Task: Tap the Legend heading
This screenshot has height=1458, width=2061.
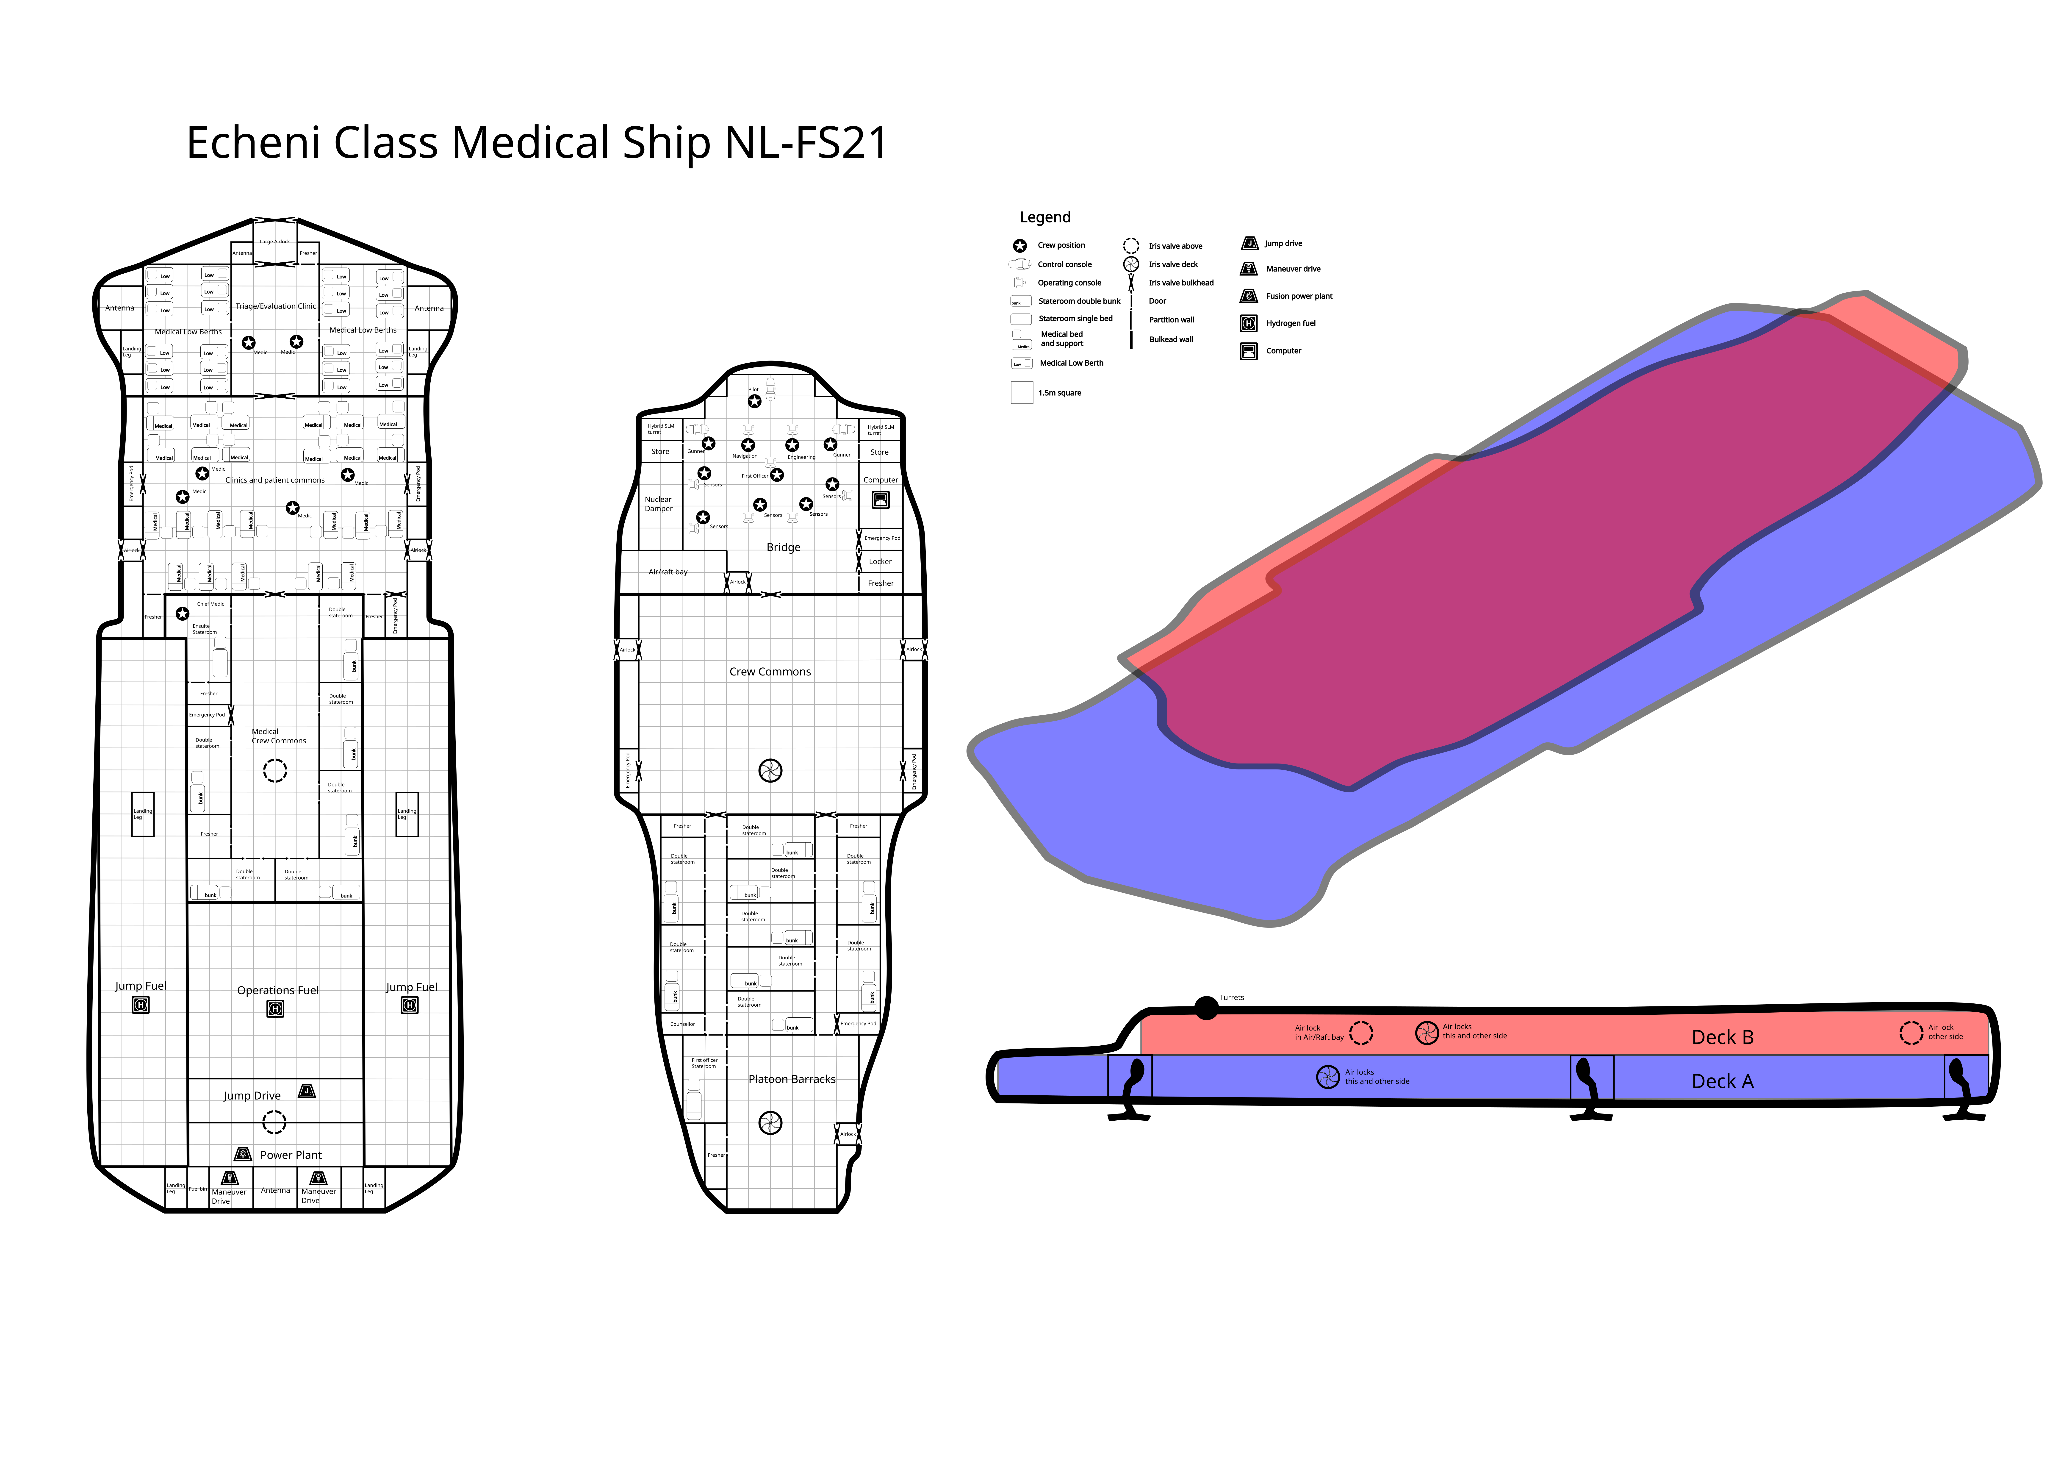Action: (x=1045, y=217)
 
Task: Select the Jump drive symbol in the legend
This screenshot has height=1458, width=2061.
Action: (x=1249, y=243)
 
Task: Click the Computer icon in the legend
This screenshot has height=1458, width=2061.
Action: (x=1249, y=351)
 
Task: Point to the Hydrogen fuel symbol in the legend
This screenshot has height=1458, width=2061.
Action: (x=1249, y=323)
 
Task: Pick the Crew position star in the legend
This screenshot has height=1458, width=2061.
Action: (x=1020, y=245)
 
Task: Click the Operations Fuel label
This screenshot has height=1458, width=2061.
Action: (x=277, y=990)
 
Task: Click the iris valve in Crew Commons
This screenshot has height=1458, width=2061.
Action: (x=770, y=770)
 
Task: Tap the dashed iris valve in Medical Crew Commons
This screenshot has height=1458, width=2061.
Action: (x=275, y=770)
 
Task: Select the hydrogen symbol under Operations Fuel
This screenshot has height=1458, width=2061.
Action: (x=276, y=1009)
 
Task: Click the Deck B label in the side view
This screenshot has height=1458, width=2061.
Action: (x=1722, y=1038)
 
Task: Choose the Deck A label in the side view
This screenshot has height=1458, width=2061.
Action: (x=1722, y=1082)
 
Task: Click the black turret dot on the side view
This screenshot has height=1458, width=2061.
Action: (x=1206, y=1008)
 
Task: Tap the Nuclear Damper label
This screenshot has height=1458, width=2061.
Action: (x=658, y=504)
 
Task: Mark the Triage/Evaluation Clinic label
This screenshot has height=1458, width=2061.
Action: (x=276, y=306)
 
